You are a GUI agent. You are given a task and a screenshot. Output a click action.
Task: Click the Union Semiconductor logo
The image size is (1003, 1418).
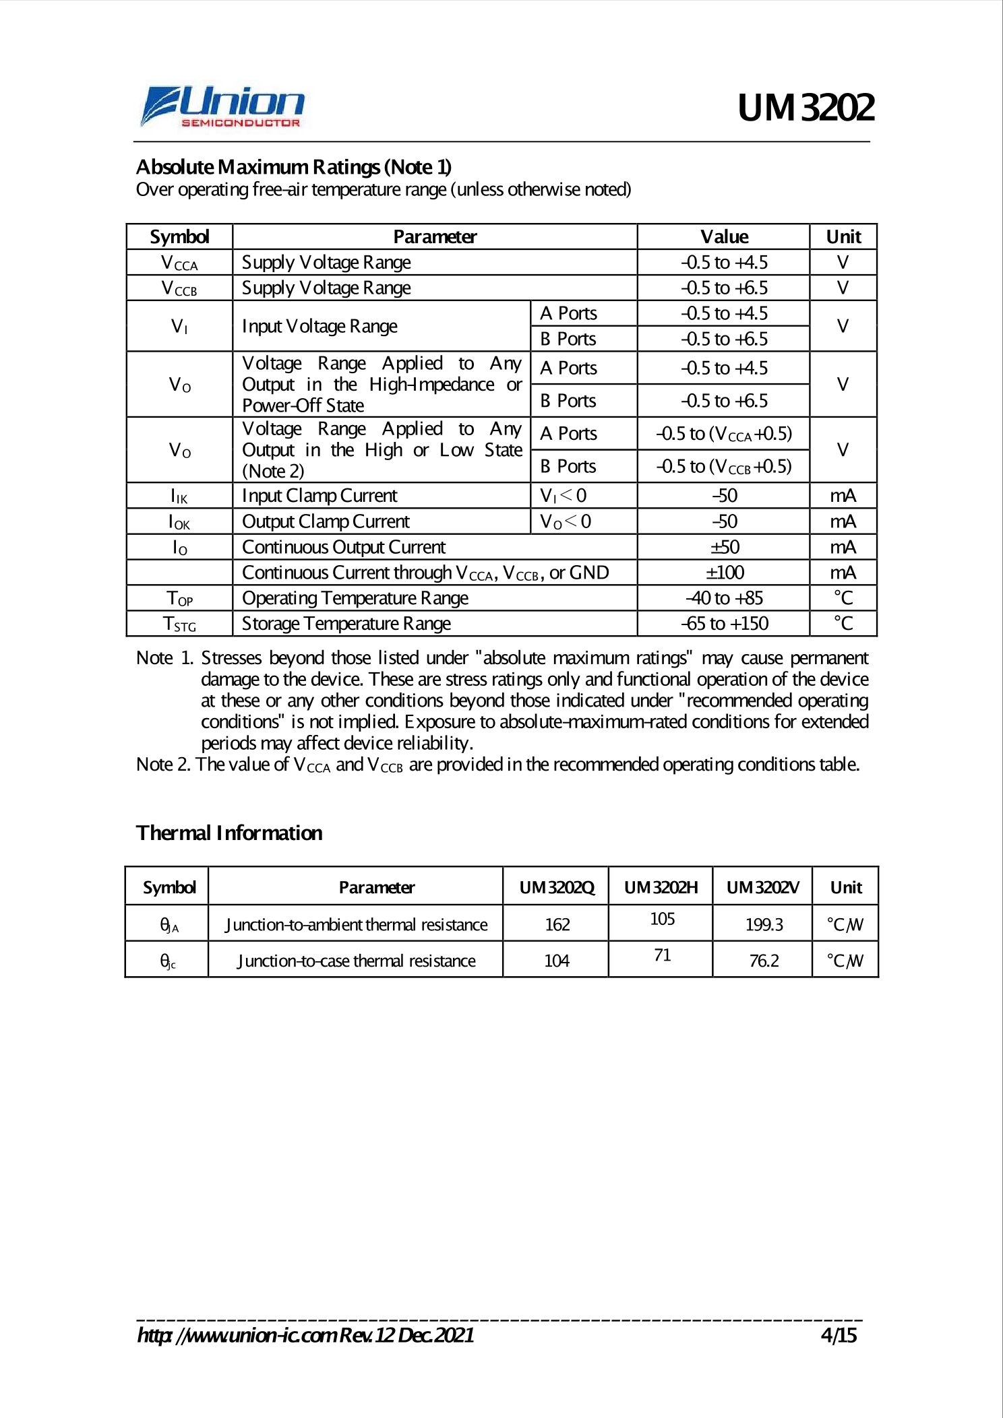pyautogui.click(x=222, y=106)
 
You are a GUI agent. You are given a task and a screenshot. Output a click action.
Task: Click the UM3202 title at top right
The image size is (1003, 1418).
pyautogui.click(x=806, y=108)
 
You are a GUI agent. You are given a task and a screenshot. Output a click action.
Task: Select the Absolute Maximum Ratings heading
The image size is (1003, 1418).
pyautogui.click(x=294, y=166)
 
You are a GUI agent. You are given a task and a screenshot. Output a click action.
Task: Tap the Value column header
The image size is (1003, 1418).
pyautogui.click(x=723, y=236)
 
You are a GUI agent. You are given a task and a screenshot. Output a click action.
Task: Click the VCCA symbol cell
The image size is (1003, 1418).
pyautogui.click(x=179, y=263)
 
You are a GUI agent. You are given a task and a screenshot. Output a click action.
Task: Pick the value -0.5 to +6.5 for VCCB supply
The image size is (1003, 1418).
pyautogui.click(x=723, y=288)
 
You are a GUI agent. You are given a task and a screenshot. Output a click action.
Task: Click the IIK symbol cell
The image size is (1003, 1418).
pyautogui.click(x=179, y=496)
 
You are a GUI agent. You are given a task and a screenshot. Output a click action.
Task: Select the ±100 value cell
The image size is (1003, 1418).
pyautogui.click(x=724, y=573)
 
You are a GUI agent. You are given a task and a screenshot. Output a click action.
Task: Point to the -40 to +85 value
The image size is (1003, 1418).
pyautogui.click(x=724, y=598)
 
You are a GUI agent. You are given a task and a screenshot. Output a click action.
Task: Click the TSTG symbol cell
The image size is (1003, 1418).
pyautogui.click(x=179, y=624)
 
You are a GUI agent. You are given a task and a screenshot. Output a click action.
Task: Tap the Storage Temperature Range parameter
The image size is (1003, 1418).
pyautogui.click(x=346, y=624)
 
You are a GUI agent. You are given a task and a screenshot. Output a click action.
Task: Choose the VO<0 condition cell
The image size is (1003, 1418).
pyautogui.click(x=566, y=522)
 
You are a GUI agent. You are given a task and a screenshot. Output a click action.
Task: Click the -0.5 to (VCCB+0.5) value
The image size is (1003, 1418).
pyautogui.click(x=723, y=466)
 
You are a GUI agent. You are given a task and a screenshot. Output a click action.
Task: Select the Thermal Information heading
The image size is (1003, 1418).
pyautogui.click(x=229, y=833)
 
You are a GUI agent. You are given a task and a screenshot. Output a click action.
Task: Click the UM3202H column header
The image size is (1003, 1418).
pyautogui.click(x=661, y=887)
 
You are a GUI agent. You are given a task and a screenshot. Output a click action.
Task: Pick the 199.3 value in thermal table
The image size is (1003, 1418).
pyautogui.click(x=764, y=924)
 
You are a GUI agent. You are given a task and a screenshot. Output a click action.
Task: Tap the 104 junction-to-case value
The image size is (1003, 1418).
pyautogui.click(x=557, y=961)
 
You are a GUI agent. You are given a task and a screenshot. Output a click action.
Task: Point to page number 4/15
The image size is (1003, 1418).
pyautogui.click(x=838, y=1336)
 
